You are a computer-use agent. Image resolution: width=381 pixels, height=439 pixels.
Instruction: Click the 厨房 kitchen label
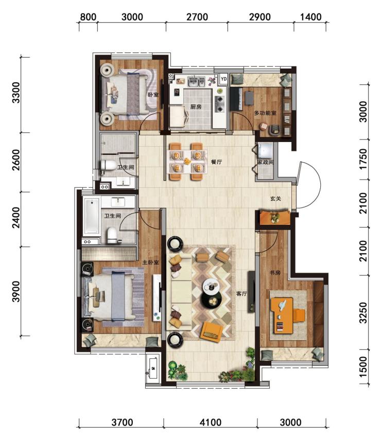[x=196, y=107]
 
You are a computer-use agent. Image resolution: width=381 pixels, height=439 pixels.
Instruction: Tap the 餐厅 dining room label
[x=216, y=162]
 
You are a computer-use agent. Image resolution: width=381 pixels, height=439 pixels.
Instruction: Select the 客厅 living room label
[x=241, y=293]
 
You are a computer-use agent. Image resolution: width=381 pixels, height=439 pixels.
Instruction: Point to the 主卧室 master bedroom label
[x=151, y=262]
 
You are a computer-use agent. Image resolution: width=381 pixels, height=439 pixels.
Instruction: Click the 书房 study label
[x=275, y=272]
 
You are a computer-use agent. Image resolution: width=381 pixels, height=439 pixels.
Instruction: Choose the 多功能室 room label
[x=265, y=113]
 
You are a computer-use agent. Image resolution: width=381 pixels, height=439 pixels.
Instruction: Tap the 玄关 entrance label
[x=275, y=199]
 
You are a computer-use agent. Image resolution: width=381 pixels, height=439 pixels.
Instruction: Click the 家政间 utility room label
[x=265, y=162]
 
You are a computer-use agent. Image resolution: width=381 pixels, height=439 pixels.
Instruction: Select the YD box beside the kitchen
[x=223, y=79]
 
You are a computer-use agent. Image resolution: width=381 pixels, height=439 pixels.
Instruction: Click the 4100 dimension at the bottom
[x=211, y=422]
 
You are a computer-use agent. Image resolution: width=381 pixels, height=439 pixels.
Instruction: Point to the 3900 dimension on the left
[x=16, y=291]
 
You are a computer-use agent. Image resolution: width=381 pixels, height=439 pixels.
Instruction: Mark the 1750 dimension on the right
[x=363, y=159]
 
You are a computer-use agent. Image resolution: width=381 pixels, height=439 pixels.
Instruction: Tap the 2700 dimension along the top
[x=197, y=17]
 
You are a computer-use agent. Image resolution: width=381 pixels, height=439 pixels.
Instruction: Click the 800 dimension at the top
[x=88, y=17]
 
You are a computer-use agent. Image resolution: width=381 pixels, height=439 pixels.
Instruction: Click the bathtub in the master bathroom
[x=92, y=216]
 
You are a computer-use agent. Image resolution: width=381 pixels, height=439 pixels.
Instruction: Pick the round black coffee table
[x=212, y=300]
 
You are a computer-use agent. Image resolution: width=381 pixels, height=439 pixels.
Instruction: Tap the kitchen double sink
[x=196, y=82]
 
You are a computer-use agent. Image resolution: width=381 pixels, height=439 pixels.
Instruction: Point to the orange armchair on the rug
[x=212, y=331]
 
